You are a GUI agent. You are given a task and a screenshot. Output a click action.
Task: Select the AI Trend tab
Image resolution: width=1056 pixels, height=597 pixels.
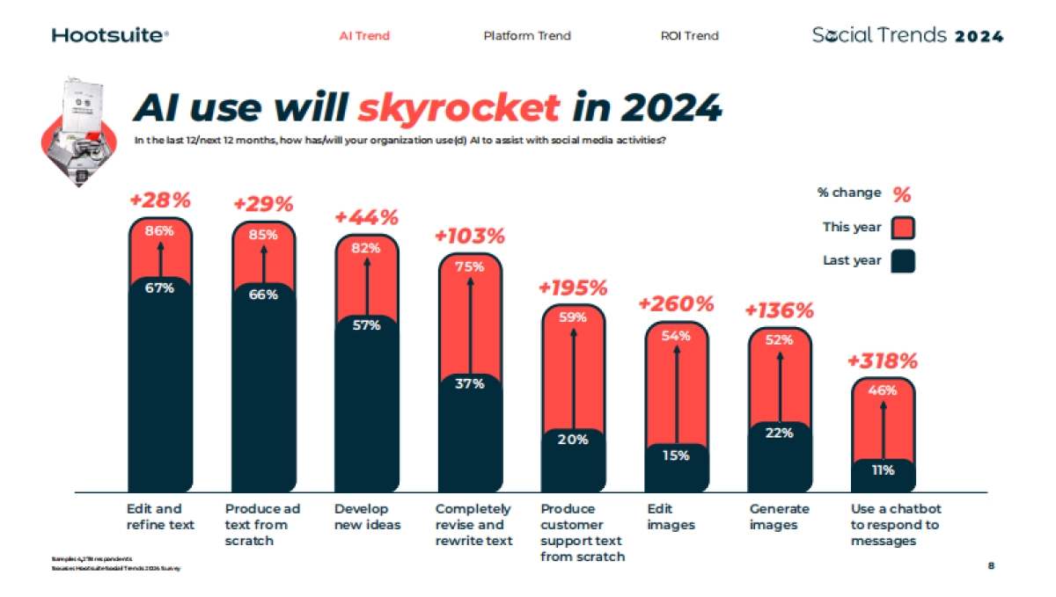pos(364,36)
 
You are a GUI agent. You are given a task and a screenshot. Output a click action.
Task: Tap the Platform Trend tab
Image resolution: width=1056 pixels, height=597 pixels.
pos(527,36)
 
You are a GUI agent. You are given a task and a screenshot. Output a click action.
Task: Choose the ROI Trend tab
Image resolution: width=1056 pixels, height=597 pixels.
pos(689,36)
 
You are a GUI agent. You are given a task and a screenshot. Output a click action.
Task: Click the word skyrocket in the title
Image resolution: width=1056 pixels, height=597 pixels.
pos(458,107)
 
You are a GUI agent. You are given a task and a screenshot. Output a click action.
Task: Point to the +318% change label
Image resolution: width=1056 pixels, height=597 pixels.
pos(883,361)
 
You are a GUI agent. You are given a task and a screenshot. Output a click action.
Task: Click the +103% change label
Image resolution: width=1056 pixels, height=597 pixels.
pos(470,237)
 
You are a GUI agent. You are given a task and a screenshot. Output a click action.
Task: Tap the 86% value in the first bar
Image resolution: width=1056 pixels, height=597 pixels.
pos(159,231)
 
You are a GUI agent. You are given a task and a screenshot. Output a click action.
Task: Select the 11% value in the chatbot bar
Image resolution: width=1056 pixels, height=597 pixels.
pos(883,470)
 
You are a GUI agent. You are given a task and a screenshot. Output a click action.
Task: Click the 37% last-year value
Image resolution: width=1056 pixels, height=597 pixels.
pos(470,383)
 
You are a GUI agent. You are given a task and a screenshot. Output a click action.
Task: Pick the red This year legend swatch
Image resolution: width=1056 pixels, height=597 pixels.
pos(903,228)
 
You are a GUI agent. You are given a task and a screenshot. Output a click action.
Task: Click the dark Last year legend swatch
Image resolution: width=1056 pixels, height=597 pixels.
pos(903,261)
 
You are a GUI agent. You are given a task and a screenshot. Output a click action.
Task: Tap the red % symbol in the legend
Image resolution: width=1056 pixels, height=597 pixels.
pos(902,194)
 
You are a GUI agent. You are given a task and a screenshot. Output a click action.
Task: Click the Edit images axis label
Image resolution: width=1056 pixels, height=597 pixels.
pos(671,517)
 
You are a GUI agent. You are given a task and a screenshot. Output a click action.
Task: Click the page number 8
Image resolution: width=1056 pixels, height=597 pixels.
pos(991,566)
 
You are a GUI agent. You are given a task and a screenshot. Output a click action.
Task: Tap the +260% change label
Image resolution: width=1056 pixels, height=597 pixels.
pos(676,304)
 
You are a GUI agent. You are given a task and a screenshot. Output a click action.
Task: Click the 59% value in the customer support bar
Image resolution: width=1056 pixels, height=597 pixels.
pos(573,318)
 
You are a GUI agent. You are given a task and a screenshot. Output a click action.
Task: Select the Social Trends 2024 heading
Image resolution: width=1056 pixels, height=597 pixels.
pos(907,36)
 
